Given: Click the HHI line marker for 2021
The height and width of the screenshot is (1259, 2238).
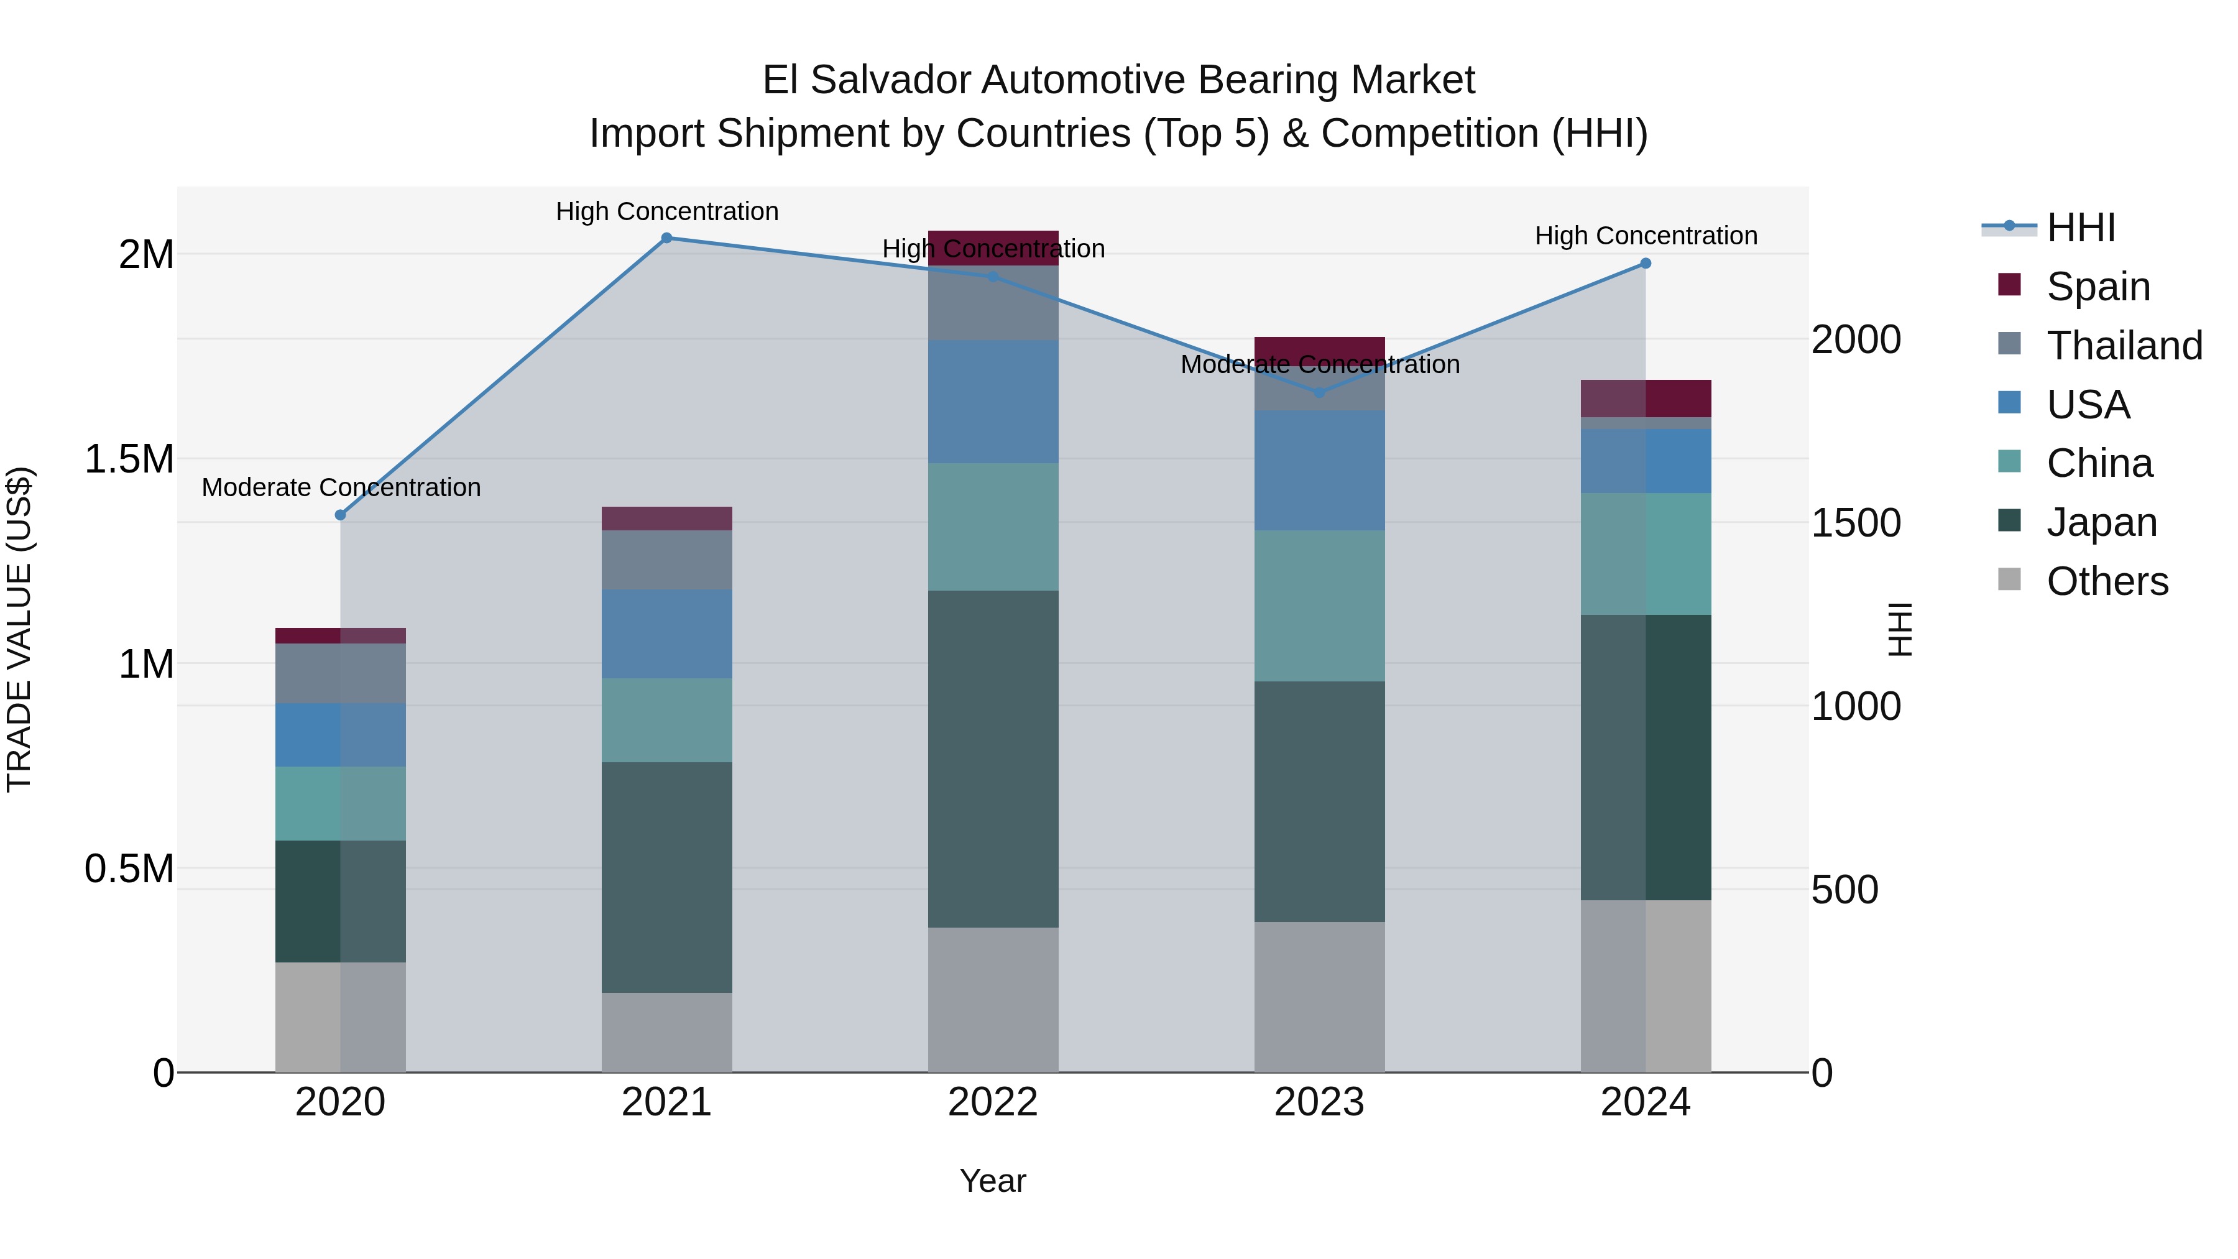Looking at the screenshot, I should click(x=666, y=238).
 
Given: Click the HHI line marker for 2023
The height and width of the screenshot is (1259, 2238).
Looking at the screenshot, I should click(x=1320, y=393).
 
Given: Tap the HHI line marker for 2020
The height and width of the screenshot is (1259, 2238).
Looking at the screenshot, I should click(x=341, y=515).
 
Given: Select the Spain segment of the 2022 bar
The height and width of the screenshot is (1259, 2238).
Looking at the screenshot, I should click(x=993, y=247).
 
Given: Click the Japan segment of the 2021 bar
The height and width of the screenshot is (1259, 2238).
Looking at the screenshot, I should click(x=666, y=877).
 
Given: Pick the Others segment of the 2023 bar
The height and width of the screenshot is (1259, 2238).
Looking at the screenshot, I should click(x=1320, y=997).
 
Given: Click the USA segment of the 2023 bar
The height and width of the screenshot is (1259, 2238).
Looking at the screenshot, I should click(x=1320, y=470).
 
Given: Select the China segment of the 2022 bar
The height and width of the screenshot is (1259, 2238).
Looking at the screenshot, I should click(x=993, y=527).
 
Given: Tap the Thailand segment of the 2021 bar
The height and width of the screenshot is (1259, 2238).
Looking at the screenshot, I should click(x=666, y=560).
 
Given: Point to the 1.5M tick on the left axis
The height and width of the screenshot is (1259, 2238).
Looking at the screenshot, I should click(x=129, y=459).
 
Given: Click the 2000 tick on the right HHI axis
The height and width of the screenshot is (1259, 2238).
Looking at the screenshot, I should click(x=1856, y=339).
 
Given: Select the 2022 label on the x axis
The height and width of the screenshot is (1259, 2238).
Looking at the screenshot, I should click(x=993, y=1102).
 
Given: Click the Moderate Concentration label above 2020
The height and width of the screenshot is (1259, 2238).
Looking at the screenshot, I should click(x=341, y=487).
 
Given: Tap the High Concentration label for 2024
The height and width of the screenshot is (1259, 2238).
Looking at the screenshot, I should click(x=1646, y=236).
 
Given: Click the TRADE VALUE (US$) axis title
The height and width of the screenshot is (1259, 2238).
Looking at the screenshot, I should click(x=19, y=629).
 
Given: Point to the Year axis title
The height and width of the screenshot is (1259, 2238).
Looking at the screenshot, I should click(x=992, y=1181).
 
